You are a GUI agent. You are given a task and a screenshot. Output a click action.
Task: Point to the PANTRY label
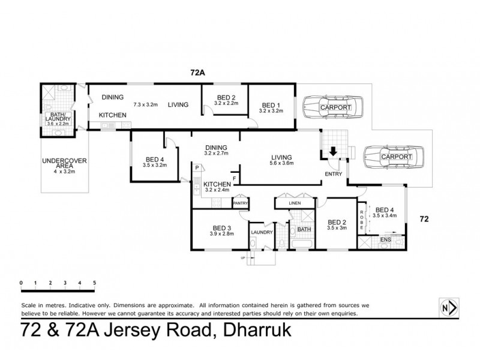(240, 203)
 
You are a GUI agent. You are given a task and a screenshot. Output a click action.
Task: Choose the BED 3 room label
(222, 227)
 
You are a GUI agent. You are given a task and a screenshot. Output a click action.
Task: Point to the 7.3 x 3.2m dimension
(145, 104)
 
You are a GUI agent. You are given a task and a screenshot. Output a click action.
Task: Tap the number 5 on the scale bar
(94, 282)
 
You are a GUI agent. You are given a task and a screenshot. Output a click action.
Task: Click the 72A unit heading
(198, 73)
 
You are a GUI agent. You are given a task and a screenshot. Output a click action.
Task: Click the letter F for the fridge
(234, 178)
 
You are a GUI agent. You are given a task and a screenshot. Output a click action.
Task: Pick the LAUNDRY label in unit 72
(262, 232)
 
